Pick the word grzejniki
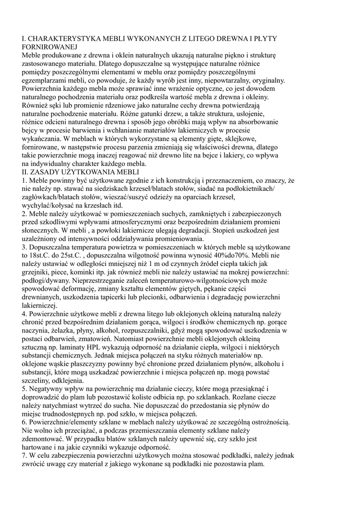tap(38, 272)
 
